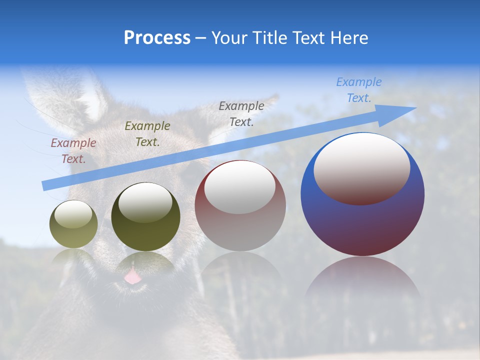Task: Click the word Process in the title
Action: click(x=157, y=38)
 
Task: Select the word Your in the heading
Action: click(x=229, y=38)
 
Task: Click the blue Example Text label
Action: click(x=358, y=90)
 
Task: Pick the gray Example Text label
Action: click(x=241, y=113)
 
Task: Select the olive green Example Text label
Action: click(x=147, y=134)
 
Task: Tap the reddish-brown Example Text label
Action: click(x=73, y=151)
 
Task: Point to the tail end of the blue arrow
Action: click(x=44, y=186)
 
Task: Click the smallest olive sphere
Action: click(x=73, y=224)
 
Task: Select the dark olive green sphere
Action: click(x=145, y=217)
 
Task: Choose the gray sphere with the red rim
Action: click(x=240, y=206)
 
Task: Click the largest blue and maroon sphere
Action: click(x=362, y=220)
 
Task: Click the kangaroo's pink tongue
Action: click(x=132, y=276)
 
